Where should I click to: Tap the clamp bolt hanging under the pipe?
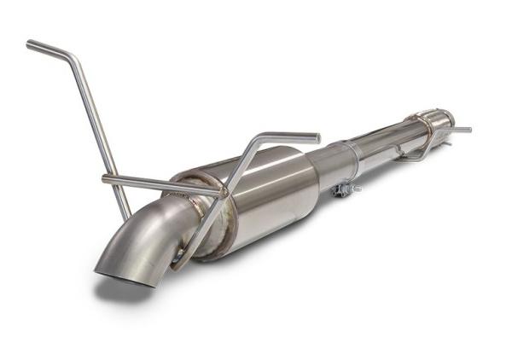tap(346, 189)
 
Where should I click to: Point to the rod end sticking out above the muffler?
tap(316, 137)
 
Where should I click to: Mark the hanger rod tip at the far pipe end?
tap(467, 130)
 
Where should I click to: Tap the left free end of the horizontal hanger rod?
tap(105, 178)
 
